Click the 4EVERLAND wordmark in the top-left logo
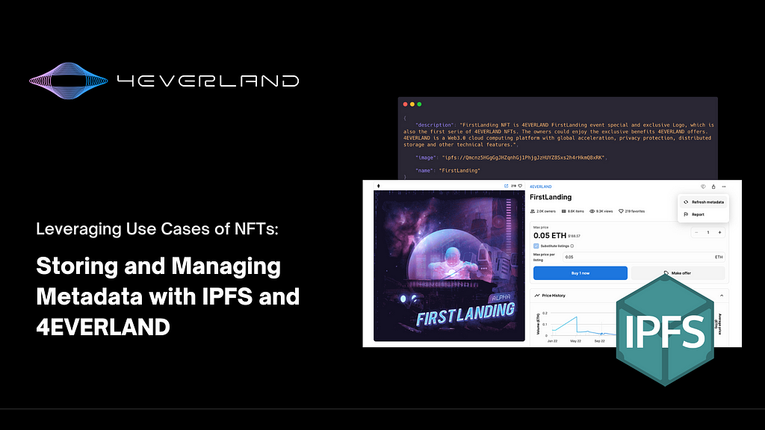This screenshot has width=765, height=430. coord(208,81)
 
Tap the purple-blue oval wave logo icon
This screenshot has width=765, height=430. coord(70,81)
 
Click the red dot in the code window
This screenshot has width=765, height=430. coord(405,104)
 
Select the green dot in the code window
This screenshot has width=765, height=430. coord(419,104)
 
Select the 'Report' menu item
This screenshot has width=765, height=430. coord(698,214)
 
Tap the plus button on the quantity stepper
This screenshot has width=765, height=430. coord(719,232)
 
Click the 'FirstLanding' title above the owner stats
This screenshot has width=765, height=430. coord(551,197)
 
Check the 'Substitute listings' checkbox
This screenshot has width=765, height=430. coord(536,246)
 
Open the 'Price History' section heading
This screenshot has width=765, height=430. coord(553,296)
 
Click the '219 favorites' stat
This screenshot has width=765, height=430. coord(638,211)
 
